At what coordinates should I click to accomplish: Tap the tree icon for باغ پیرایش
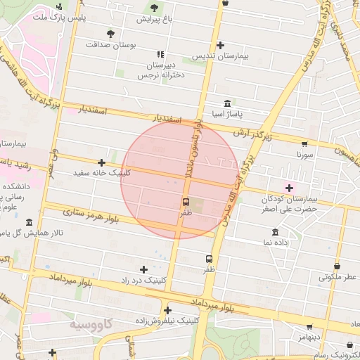pyautogui.click(x=154, y=8)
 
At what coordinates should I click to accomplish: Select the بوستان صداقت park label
pyautogui.click(x=110, y=44)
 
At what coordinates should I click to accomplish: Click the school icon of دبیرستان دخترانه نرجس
pyautogui.click(x=161, y=53)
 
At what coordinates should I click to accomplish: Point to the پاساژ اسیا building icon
pyautogui.click(x=226, y=103)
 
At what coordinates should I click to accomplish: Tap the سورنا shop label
pyautogui.click(x=303, y=153)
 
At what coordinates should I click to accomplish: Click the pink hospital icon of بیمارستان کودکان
pyautogui.click(x=288, y=187)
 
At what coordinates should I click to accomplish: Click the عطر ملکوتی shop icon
pyautogui.click(x=337, y=266)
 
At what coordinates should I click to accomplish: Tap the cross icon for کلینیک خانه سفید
pyautogui.click(x=101, y=162)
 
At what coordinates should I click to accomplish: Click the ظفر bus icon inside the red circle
pyautogui.click(x=186, y=201)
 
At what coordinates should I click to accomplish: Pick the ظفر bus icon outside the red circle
pyautogui.click(x=209, y=259)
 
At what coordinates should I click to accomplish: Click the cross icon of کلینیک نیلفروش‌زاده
pyautogui.click(x=167, y=309)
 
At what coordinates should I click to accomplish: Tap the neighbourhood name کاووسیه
pyautogui.click(x=91, y=326)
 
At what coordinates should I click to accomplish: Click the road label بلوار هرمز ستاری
pyautogui.click(x=91, y=211)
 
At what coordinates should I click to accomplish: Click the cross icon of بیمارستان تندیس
pyautogui.click(x=220, y=44)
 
